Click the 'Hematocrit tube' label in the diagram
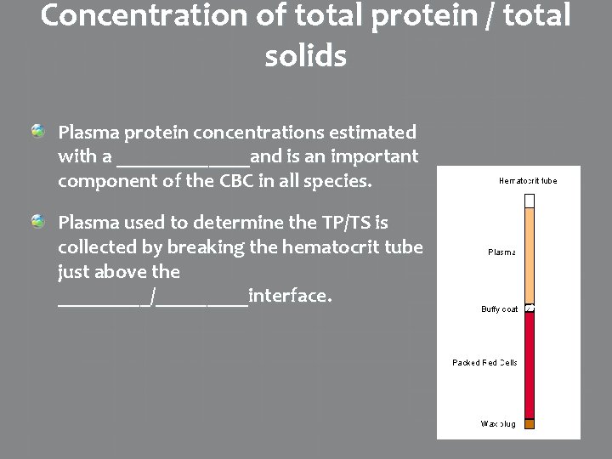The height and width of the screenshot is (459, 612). pyautogui.click(x=527, y=180)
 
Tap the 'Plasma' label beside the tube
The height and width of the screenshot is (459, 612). pyautogui.click(x=501, y=252)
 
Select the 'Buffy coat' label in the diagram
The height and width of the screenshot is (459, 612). pyautogui.click(x=499, y=309)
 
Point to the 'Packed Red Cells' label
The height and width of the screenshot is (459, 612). pyautogui.click(x=484, y=363)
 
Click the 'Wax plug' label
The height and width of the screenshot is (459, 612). pyautogui.click(x=499, y=422)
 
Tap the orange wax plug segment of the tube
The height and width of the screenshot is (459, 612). pyautogui.click(x=530, y=423)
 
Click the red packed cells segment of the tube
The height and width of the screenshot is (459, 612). pyautogui.click(x=530, y=365)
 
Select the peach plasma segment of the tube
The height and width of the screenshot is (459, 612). pyautogui.click(x=530, y=255)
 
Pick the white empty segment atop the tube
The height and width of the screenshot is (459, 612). pyautogui.click(x=530, y=201)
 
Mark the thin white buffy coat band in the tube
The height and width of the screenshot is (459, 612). pyautogui.click(x=530, y=308)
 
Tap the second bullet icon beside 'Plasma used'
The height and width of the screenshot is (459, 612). pyautogui.click(x=39, y=222)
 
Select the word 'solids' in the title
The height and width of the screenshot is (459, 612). pyautogui.click(x=305, y=56)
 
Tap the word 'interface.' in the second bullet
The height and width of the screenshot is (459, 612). pyautogui.click(x=289, y=296)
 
